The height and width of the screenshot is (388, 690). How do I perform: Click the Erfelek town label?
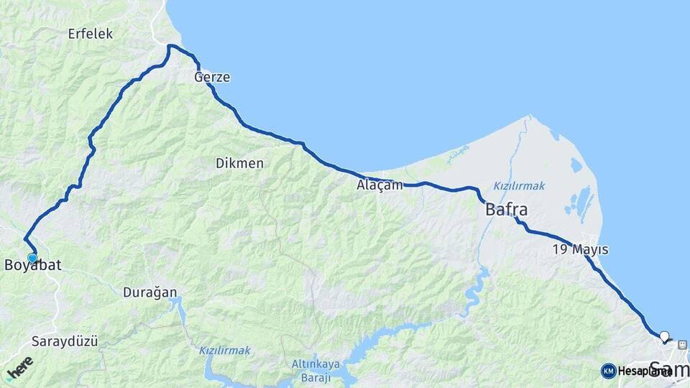[91, 33]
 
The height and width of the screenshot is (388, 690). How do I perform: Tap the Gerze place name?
[212, 77]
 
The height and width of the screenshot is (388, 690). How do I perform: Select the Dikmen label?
[239, 163]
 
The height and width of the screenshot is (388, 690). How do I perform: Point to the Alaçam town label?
[379, 185]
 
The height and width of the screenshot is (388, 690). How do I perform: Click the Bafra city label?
[507, 211]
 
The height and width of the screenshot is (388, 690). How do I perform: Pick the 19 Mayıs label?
[580, 250]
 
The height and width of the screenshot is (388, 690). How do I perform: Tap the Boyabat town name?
[33, 266]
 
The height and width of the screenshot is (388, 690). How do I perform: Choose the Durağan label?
[149, 292]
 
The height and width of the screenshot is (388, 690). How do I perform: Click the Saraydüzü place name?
[64, 341]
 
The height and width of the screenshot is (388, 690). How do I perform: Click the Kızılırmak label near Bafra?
[519, 185]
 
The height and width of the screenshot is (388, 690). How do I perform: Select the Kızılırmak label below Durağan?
[225, 351]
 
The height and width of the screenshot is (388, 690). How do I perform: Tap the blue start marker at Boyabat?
[32, 258]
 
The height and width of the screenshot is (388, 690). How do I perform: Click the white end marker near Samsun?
[664, 336]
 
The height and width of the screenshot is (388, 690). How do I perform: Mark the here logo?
[19, 367]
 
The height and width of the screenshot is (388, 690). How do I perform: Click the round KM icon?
[609, 371]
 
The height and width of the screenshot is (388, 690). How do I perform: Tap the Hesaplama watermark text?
[645, 371]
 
